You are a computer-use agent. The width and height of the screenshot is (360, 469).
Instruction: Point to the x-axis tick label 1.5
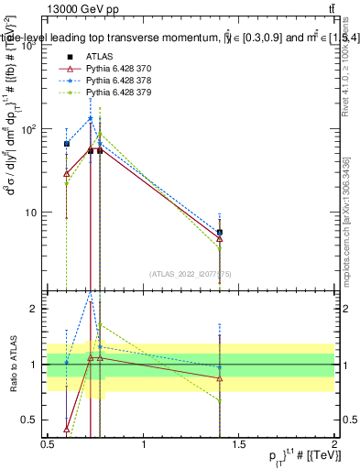pos(239,444)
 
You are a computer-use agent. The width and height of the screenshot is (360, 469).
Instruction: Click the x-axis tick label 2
pos(334,444)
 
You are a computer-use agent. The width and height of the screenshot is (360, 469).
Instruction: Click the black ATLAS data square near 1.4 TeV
pos(220,233)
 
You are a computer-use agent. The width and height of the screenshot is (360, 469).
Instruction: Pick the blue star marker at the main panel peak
pos(90,118)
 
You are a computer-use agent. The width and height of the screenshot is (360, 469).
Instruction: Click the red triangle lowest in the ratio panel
pos(67,428)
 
